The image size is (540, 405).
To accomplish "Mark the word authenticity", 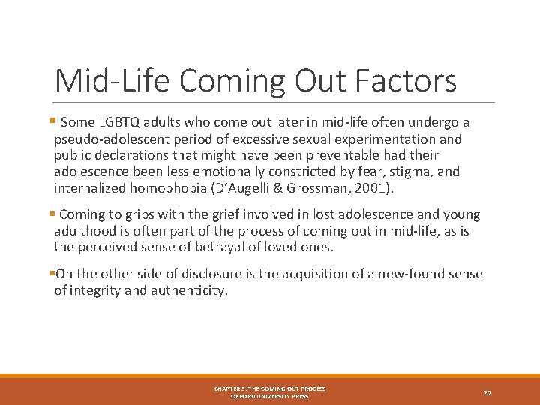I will [x=187, y=290].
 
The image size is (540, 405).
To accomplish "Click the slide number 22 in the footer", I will [x=487, y=392].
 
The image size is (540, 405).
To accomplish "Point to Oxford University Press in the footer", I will [x=270, y=396].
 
